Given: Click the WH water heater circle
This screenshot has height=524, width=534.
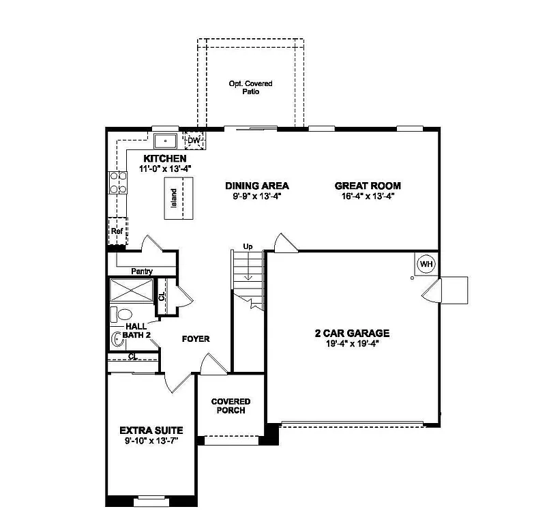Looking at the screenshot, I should (x=426, y=264).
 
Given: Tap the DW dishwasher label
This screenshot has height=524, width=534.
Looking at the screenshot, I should (x=194, y=141).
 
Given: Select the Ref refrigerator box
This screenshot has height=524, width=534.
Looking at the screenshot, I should (x=117, y=231).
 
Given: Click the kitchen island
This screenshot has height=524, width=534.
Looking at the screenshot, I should (x=179, y=198).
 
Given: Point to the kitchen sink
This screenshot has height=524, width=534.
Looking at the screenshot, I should (x=166, y=141).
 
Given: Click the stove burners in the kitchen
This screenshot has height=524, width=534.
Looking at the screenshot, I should (x=118, y=184).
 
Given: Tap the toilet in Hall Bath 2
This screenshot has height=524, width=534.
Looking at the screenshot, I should (x=122, y=315).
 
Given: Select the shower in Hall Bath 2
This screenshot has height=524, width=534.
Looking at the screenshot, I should (x=131, y=291).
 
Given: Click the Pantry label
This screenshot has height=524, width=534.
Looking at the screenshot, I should (x=142, y=271).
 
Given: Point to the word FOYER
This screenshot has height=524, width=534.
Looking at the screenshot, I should (x=195, y=338).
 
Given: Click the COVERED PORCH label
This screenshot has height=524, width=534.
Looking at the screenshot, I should (x=230, y=406).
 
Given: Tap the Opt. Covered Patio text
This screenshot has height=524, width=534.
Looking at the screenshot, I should (x=250, y=87).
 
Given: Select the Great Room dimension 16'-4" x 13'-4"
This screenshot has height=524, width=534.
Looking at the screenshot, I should (x=368, y=196).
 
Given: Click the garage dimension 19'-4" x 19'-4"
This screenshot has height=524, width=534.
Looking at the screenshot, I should (x=352, y=344).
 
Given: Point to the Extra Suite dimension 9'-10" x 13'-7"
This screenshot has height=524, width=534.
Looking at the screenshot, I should (x=151, y=441).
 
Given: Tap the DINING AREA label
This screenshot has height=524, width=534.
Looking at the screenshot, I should (x=257, y=186).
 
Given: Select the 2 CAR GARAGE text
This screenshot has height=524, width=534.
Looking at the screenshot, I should (x=352, y=334).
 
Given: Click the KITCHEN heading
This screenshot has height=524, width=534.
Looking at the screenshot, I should (x=164, y=158).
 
